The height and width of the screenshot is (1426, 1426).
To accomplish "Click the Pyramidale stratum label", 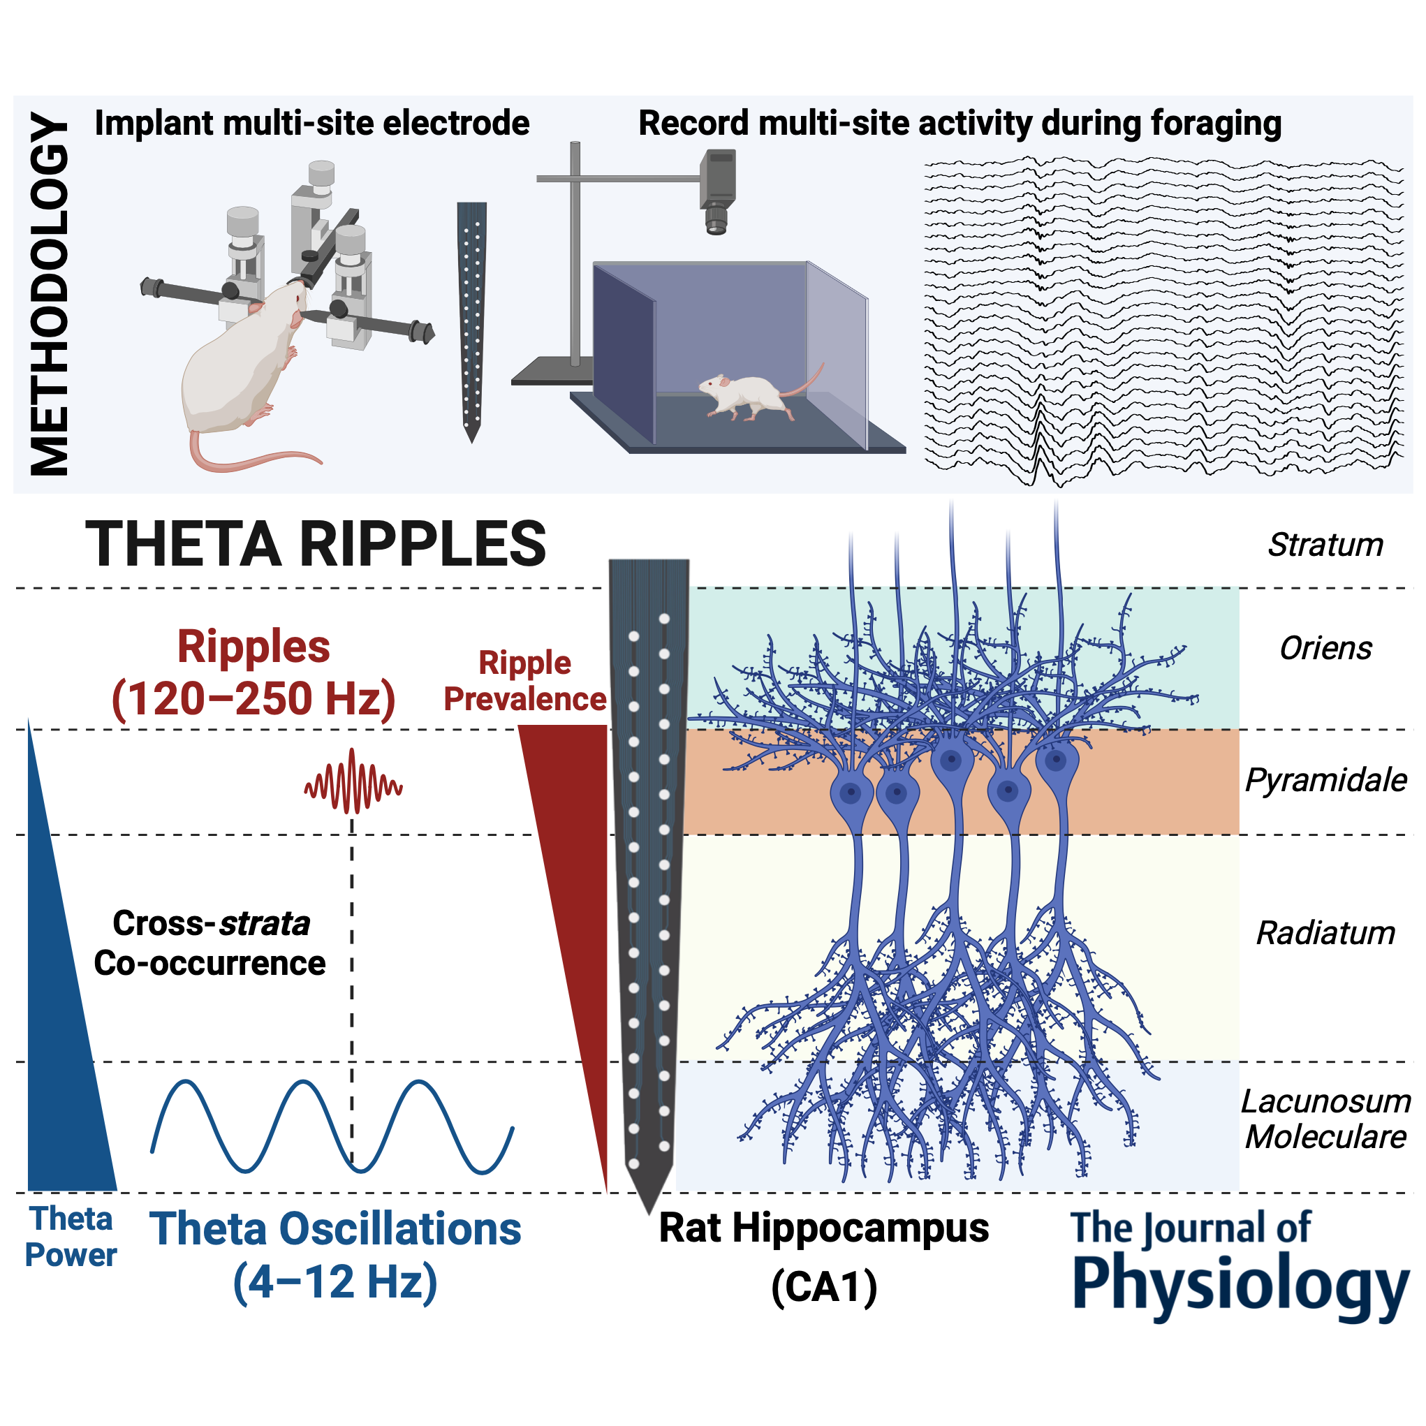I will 1325,780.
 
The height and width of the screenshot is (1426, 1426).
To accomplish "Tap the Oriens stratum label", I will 1325,648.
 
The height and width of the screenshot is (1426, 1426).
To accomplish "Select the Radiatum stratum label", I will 1325,933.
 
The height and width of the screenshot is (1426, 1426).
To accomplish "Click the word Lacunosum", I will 1325,1101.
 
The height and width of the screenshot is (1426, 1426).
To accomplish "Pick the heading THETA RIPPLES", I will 316,545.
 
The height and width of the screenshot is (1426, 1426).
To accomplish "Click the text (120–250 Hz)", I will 253,698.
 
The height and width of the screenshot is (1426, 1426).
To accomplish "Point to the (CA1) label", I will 824,1287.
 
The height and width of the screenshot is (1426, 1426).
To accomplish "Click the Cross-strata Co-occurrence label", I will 210,943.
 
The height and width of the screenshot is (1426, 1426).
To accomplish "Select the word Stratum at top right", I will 1325,545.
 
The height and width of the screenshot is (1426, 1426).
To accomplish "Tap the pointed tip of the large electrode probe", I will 649,1210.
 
